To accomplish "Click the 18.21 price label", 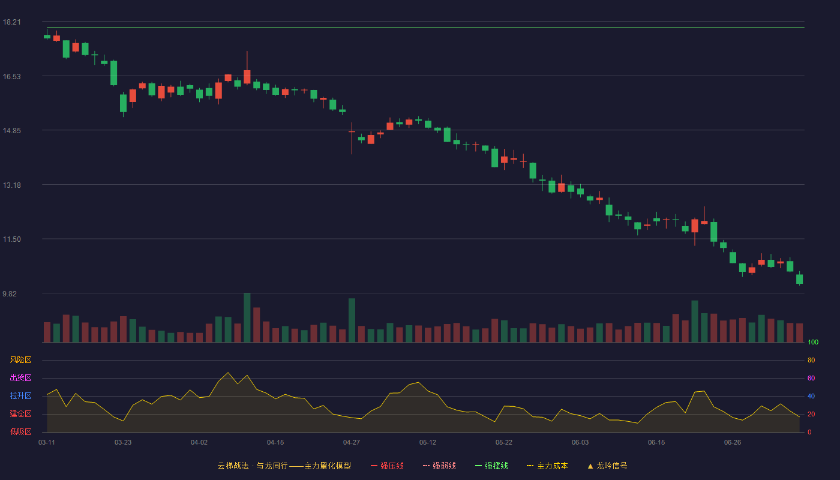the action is pos(11,22).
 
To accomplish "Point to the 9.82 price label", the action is pos(10,293).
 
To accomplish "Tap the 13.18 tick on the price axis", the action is pos(11,185).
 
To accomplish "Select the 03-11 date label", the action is pos(47,443).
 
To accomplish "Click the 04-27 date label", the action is pos(352,443).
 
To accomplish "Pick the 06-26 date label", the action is pos(733,443).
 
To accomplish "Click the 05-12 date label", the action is pos(427,443).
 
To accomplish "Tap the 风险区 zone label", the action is pos(20,360).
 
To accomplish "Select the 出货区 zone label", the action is pos(20,377).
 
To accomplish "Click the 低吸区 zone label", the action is pos(20,431).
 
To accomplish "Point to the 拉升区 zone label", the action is pos(20,395).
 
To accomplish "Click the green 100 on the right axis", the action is pos(813,342).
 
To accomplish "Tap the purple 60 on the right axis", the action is pos(811,378).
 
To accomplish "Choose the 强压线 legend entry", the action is pos(387,466).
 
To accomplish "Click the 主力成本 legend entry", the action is pos(547,466).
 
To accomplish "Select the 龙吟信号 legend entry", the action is pos(607,466).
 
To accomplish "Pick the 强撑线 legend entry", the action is pos(491,466).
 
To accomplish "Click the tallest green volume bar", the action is pos(247,317).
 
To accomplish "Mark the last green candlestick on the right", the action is pos(799,278).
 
